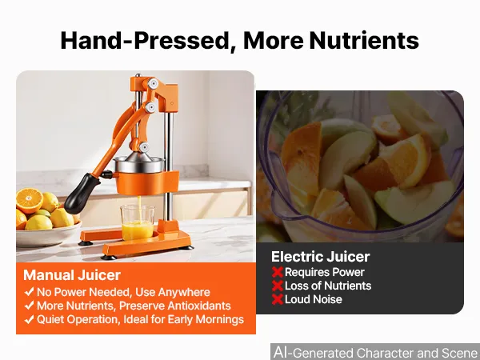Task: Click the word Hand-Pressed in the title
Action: (x=145, y=41)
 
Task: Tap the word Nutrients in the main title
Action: (x=364, y=41)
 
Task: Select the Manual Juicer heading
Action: (x=72, y=275)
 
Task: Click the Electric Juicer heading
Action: (x=321, y=257)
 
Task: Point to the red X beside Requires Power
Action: (x=278, y=272)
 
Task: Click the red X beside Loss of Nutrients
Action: (x=278, y=286)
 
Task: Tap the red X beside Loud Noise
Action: (x=278, y=299)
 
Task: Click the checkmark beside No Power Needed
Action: (x=29, y=292)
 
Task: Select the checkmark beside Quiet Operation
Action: (x=29, y=319)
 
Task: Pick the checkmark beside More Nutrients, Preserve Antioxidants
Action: (x=29, y=306)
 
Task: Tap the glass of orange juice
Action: (x=138, y=222)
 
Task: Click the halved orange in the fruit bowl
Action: (x=30, y=201)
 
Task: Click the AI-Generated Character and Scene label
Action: (x=376, y=352)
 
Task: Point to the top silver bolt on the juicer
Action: (x=152, y=83)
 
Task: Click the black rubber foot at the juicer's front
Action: (x=108, y=257)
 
